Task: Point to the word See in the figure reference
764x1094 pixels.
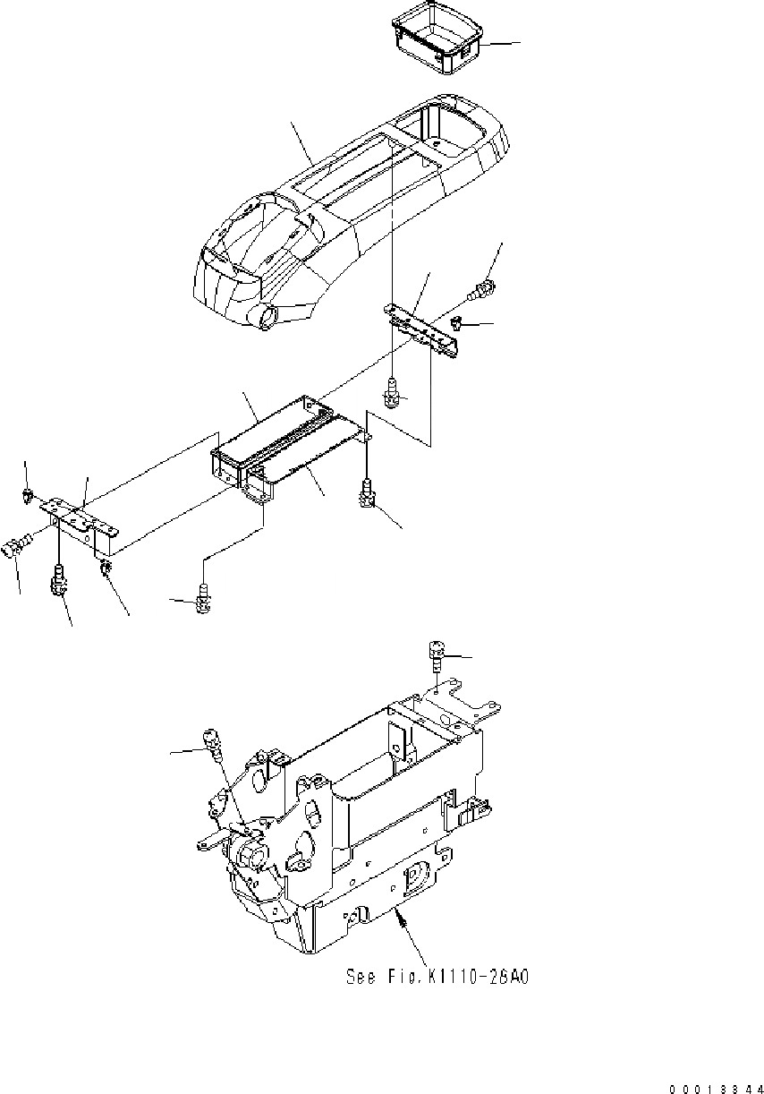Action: (361, 978)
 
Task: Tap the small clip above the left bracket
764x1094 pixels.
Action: (30, 493)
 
